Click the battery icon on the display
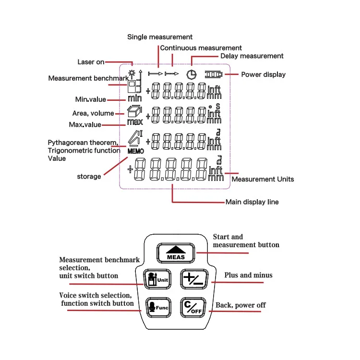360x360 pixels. tap(214, 74)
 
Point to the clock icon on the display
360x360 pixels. tap(191, 74)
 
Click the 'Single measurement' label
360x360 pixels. tap(159, 37)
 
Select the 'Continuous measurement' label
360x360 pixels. tap(201, 48)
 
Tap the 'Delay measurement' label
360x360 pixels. tap(252, 56)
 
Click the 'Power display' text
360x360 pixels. tap(263, 74)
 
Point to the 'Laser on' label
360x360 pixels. tap(91, 62)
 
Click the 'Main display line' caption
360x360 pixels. tap(252, 202)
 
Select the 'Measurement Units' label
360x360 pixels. tap(263, 179)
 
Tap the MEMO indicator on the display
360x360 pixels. tap(135, 151)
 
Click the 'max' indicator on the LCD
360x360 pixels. tap(135, 122)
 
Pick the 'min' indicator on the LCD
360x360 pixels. tap(134, 98)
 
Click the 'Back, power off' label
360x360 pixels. tap(240, 305)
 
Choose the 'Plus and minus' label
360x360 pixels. tap(248, 275)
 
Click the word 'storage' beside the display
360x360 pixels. tap(89, 177)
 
